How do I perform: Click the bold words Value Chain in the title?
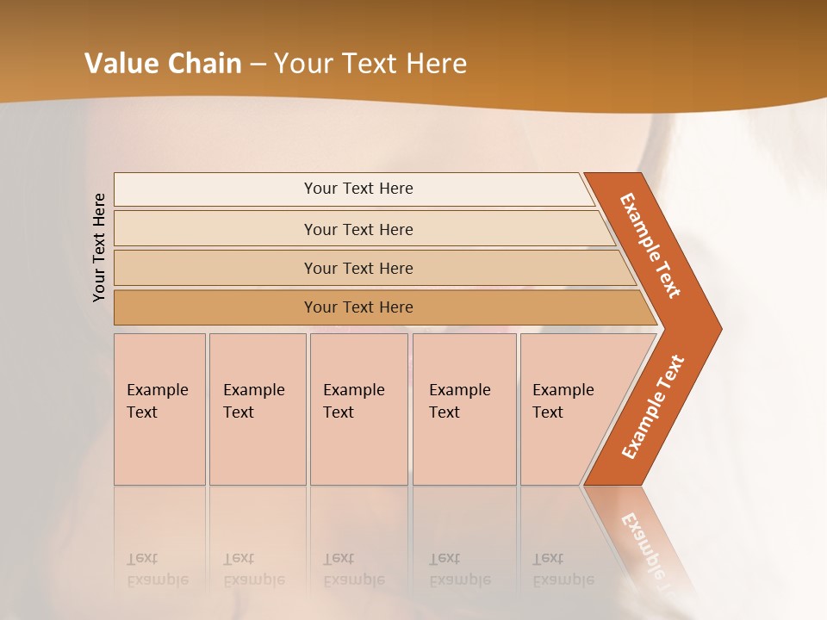(x=163, y=63)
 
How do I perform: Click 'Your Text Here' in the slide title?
(x=370, y=63)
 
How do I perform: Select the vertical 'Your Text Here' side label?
(x=99, y=247)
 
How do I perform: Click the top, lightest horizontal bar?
(x=358, y=189)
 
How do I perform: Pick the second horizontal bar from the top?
(x=358, y=229)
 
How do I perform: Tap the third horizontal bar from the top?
(x=358, y=268)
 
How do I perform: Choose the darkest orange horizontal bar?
(x=358, y=307)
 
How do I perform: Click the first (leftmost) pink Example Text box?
(x=159, y=409)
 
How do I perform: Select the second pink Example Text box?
(x=257, y=409)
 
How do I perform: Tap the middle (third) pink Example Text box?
(x=358, y=409)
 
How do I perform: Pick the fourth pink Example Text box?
(x=464, y=409)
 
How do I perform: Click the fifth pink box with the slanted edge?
(x=569, y=409)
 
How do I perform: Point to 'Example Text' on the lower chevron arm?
(x=652, y=407)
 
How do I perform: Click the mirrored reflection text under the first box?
(x=158, y=569)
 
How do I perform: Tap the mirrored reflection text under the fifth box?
(x=563, y=569)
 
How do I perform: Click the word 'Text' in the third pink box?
(x=339, y=412)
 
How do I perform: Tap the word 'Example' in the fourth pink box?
(x=460, y=390)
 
